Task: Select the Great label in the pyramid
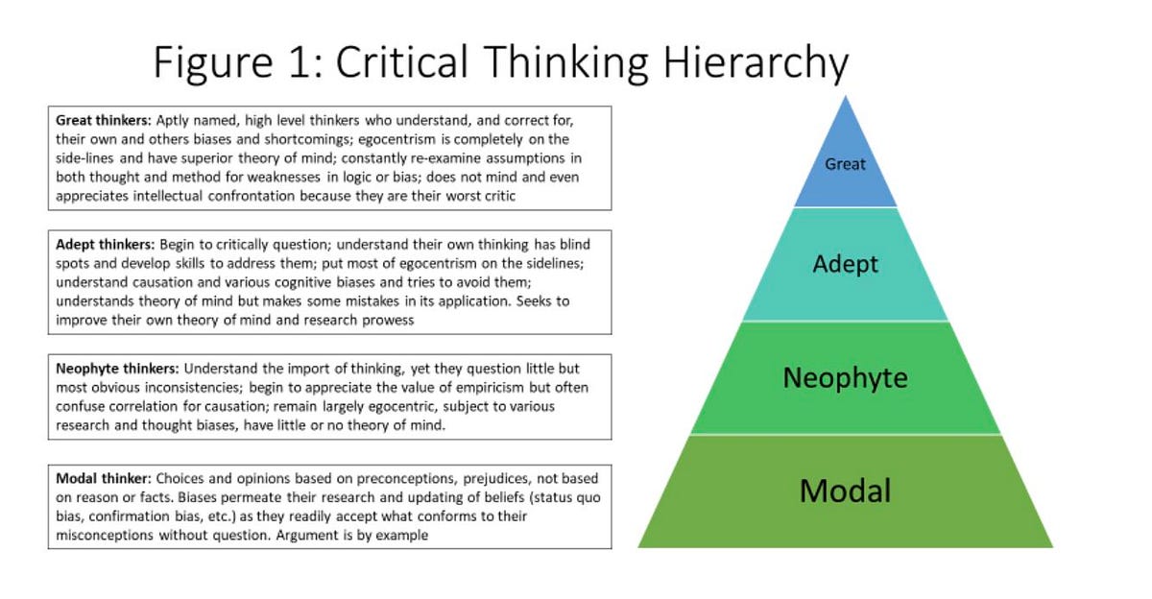tap(845, 164)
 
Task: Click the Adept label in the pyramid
tap(845, 264)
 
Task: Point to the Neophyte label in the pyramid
tap(845, 377)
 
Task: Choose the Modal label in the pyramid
tap(845, 491)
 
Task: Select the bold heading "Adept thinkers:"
tap(105, 244)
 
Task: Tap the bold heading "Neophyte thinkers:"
tap(117, 368)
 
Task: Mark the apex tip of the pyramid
tap(845, 97)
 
